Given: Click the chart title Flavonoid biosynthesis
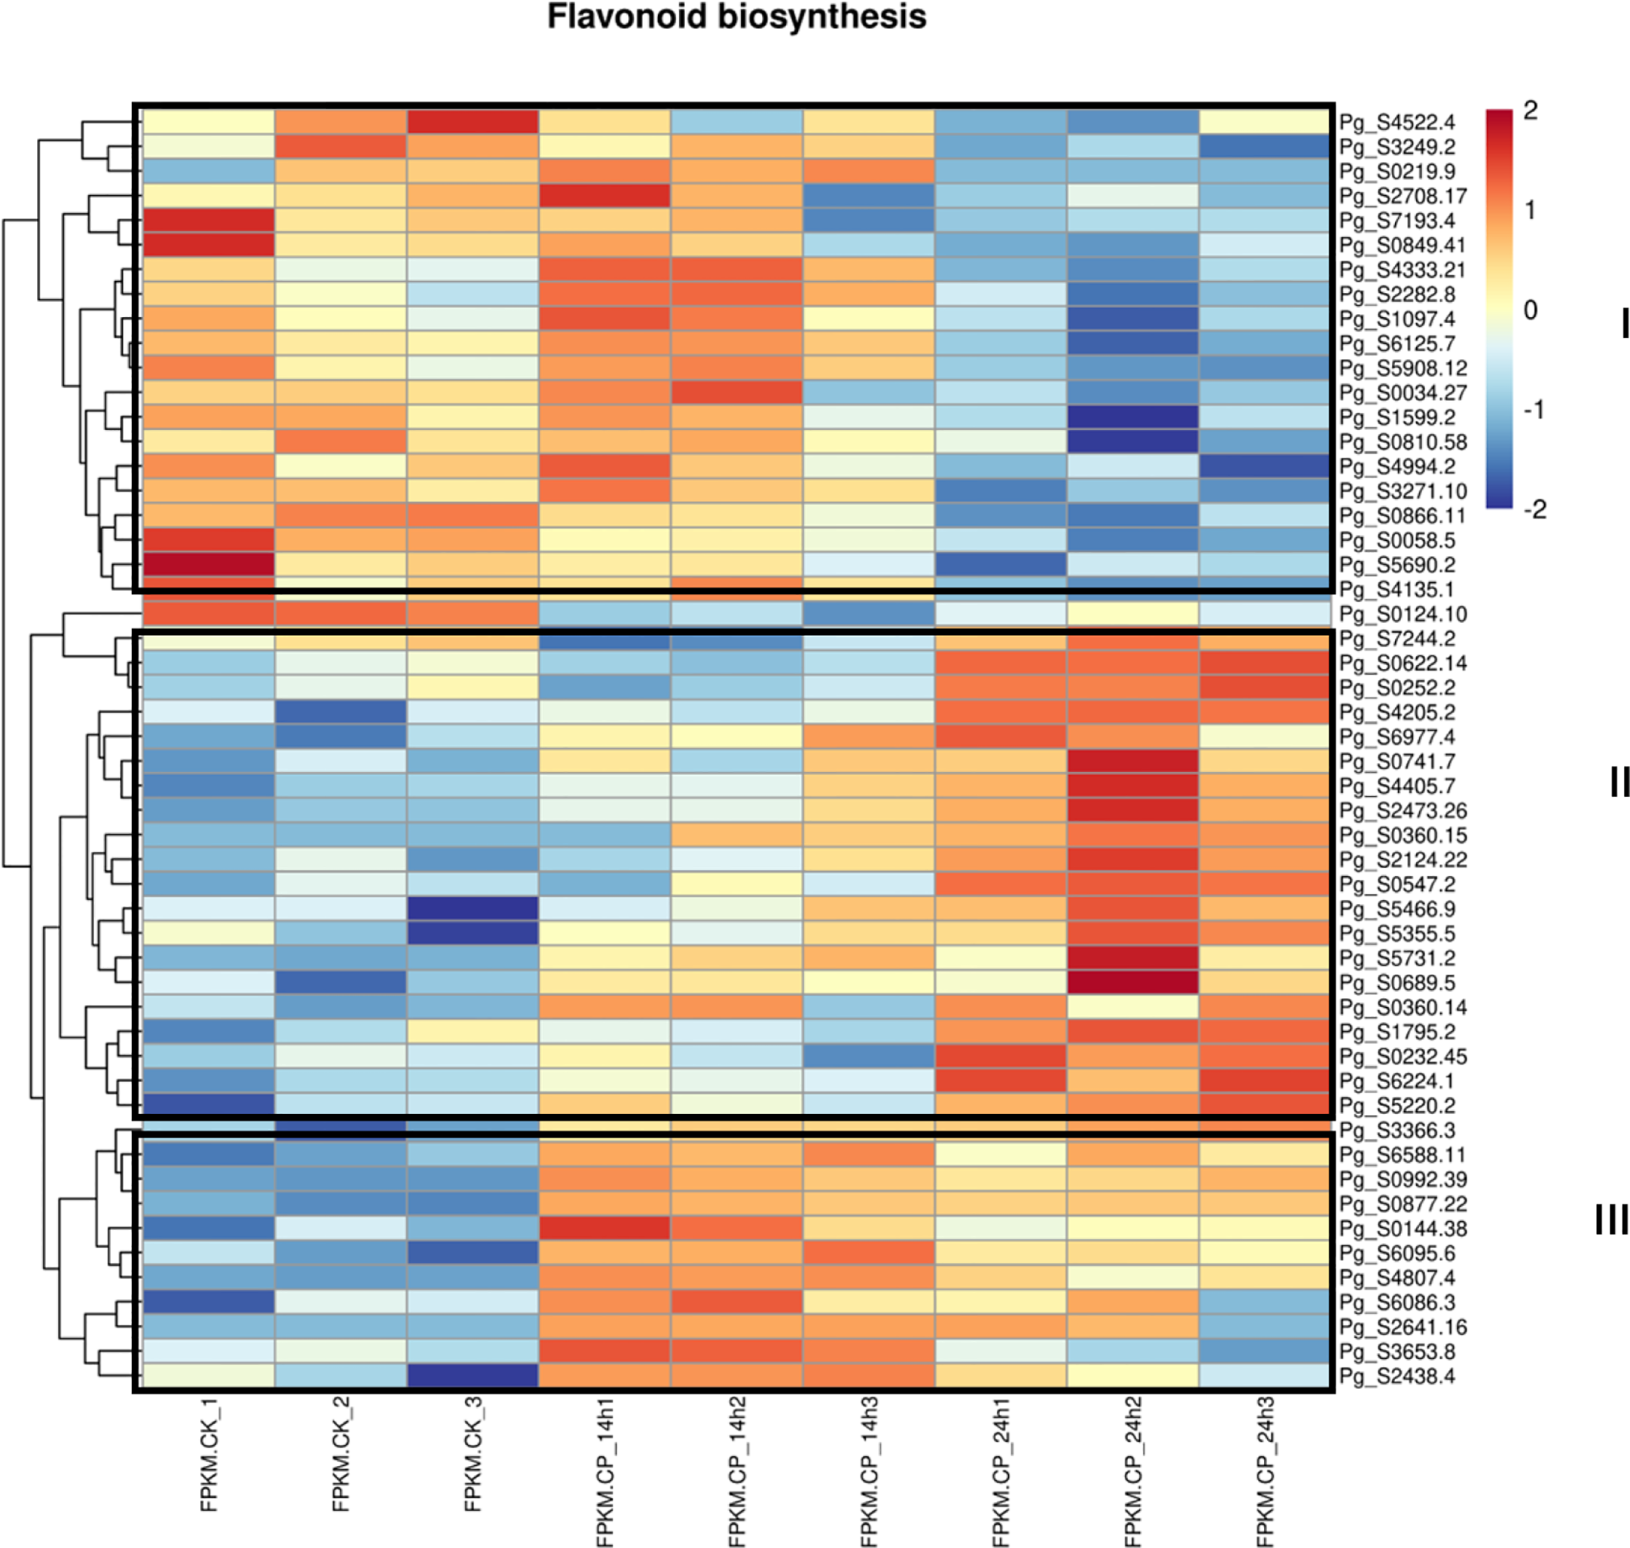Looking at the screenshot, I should [736, 17].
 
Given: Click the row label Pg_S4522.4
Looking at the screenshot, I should [1397, 123].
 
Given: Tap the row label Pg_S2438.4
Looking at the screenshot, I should [1397, 1376].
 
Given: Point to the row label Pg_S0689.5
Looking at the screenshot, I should [1397, 984].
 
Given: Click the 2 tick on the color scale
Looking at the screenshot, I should [1530, 111].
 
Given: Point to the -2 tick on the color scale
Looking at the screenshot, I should [1534, 510].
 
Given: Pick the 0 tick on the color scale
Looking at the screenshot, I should [1530, 310].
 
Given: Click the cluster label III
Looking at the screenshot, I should [1611, 1220].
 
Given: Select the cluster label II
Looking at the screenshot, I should [1619, 781].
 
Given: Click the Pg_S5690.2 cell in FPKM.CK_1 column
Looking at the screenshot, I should [209, 565].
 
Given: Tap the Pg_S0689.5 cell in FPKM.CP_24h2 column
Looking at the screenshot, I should [1132, 983].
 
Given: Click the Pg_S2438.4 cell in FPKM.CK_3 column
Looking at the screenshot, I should [473, 1375].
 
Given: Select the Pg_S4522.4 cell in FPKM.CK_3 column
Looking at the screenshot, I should [473, 122].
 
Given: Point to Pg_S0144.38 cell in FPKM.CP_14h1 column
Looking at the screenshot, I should [605, 1229].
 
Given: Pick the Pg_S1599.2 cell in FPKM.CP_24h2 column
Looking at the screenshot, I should [1132, 417].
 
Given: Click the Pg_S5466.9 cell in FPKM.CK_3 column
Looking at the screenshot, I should [473, 909].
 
